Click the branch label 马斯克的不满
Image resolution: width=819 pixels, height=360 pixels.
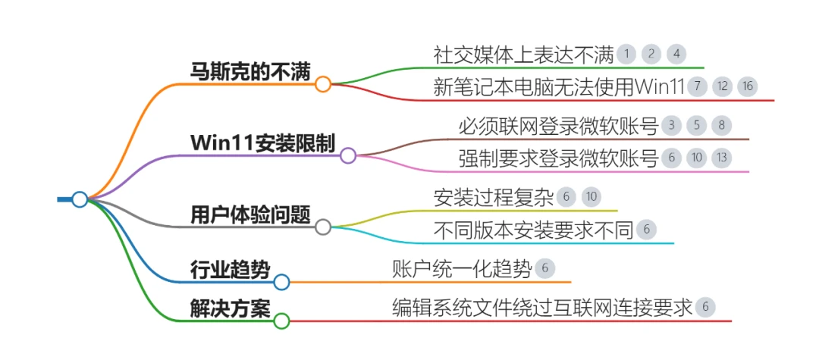click(250, 71)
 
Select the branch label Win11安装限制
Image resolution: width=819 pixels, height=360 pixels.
click(262, 143)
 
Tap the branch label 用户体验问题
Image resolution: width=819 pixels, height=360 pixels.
click(250, 214)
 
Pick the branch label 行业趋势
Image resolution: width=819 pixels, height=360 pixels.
click(230, 271)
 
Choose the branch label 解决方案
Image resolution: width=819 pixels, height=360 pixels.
click(230, 309)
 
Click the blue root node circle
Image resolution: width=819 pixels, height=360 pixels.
click(80, 199)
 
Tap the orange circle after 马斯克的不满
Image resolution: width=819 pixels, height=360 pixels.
click(323, 84)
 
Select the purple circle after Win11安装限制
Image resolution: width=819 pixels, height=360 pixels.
click(348, 155)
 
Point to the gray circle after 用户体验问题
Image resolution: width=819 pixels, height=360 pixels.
click(323, 227)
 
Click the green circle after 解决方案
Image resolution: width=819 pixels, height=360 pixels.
click(281, 321)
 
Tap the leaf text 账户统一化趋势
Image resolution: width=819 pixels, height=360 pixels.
click(462, 269)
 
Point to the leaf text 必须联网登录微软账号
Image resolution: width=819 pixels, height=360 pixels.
click(558, 126)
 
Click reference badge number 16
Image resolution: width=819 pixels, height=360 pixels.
click(748, 86)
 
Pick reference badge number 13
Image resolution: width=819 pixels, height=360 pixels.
click(722, 158)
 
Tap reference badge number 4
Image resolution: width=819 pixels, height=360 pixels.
click(676, 54)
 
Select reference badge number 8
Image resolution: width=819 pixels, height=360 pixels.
click(722, 126)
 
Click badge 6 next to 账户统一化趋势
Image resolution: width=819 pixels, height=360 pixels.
click(545, 269)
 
